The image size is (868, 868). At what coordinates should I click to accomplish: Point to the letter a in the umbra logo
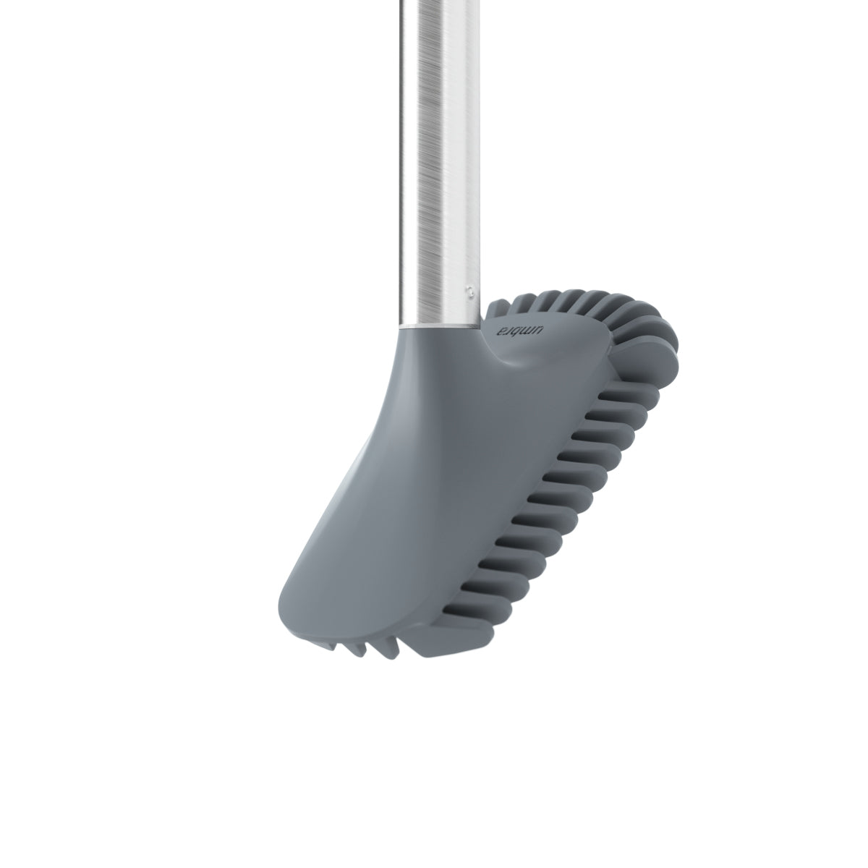click(501, 330)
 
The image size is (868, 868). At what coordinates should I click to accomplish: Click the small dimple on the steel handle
click(471, 291)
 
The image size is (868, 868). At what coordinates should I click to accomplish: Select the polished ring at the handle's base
click(440, 327)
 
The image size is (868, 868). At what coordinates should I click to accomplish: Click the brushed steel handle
click(440, 162)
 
